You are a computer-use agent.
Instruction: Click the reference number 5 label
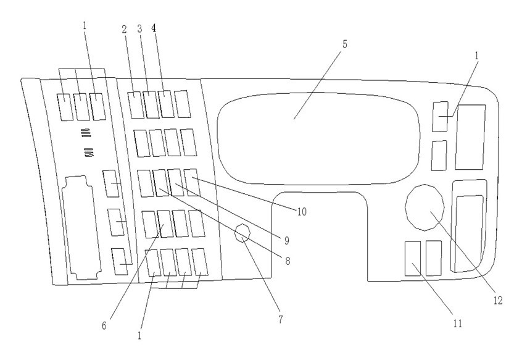[x=344, y=44]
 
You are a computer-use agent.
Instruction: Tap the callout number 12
[x=497, y=300]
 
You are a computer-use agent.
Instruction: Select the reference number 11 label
[x=458, y=324]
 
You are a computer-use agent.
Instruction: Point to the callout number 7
[x=281, y=319]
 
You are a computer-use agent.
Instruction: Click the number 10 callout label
[x=302, y=212]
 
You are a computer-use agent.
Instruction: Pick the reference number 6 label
[x=104, y=325]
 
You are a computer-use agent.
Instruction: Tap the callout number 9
[x=287, y=241]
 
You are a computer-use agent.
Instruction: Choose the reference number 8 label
[x=288, y=261]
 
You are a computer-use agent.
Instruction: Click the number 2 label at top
[x=124, y=29]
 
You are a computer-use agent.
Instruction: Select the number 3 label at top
[x=139, y=29]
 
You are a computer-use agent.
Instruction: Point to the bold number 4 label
[x=154, y=28]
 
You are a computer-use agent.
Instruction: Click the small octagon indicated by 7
[x=243, y=233]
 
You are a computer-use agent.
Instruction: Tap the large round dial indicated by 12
[x=425, y=207]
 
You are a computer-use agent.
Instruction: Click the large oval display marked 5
[x=318, y=139]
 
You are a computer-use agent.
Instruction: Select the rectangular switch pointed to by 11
[x=413, y=259]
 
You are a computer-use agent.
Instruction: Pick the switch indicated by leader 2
[x=135, y=105]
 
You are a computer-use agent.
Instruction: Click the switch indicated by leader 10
[x=192, y=182]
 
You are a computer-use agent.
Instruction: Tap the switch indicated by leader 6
[x=165, y=224]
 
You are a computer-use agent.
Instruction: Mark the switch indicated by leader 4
[x=166, y=104]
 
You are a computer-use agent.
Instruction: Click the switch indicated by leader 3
[x=151, y=105]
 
